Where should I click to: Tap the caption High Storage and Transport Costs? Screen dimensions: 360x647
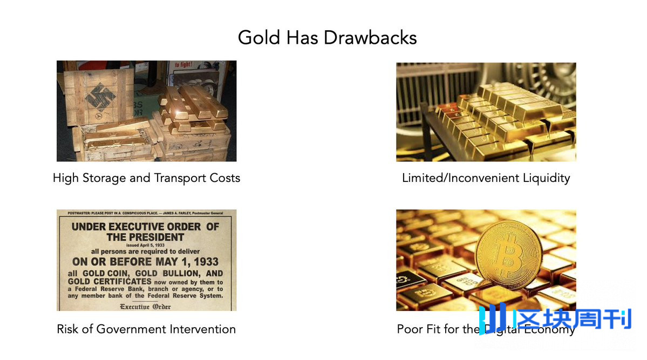click(146, 178)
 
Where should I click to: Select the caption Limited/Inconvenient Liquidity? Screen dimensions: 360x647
click(486, 178)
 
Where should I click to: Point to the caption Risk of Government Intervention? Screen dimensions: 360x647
click(146, 329)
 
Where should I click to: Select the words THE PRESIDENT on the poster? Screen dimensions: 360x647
click(146, 237)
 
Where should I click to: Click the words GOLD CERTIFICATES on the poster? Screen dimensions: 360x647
click(110, 282)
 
